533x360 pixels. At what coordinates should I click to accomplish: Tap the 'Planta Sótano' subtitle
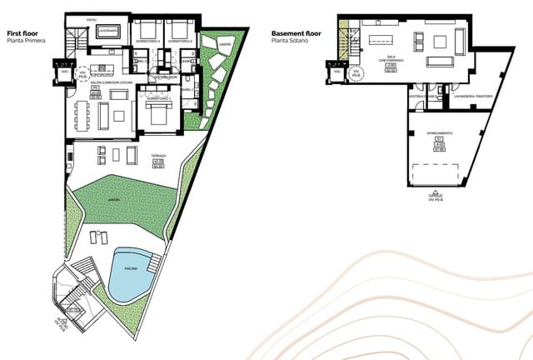pos(291,41)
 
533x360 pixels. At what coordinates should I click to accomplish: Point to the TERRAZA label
pos(158,156)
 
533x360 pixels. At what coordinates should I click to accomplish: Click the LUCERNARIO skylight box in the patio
pos(108,31)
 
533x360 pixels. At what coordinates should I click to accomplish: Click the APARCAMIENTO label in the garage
pos(440,132)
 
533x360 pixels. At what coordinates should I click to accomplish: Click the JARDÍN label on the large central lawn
pos(112,200)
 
